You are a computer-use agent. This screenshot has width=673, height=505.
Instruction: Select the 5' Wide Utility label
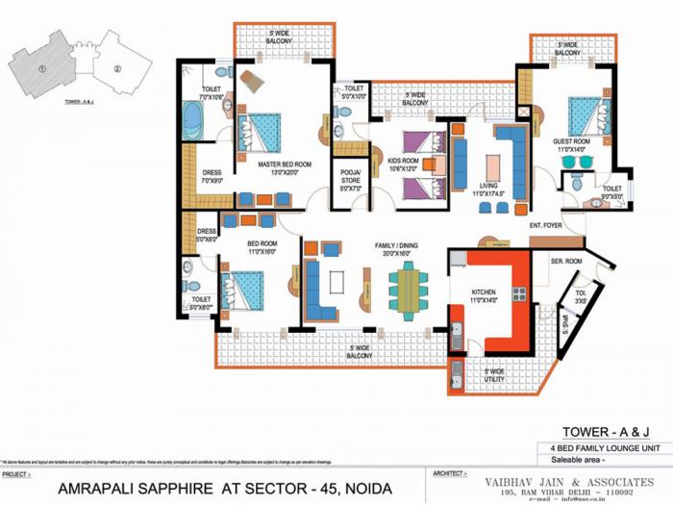click(494, 374)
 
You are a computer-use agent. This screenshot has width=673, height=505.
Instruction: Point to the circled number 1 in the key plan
click(41, 69)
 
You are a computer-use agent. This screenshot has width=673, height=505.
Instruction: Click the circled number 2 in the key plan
click(116, 68)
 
